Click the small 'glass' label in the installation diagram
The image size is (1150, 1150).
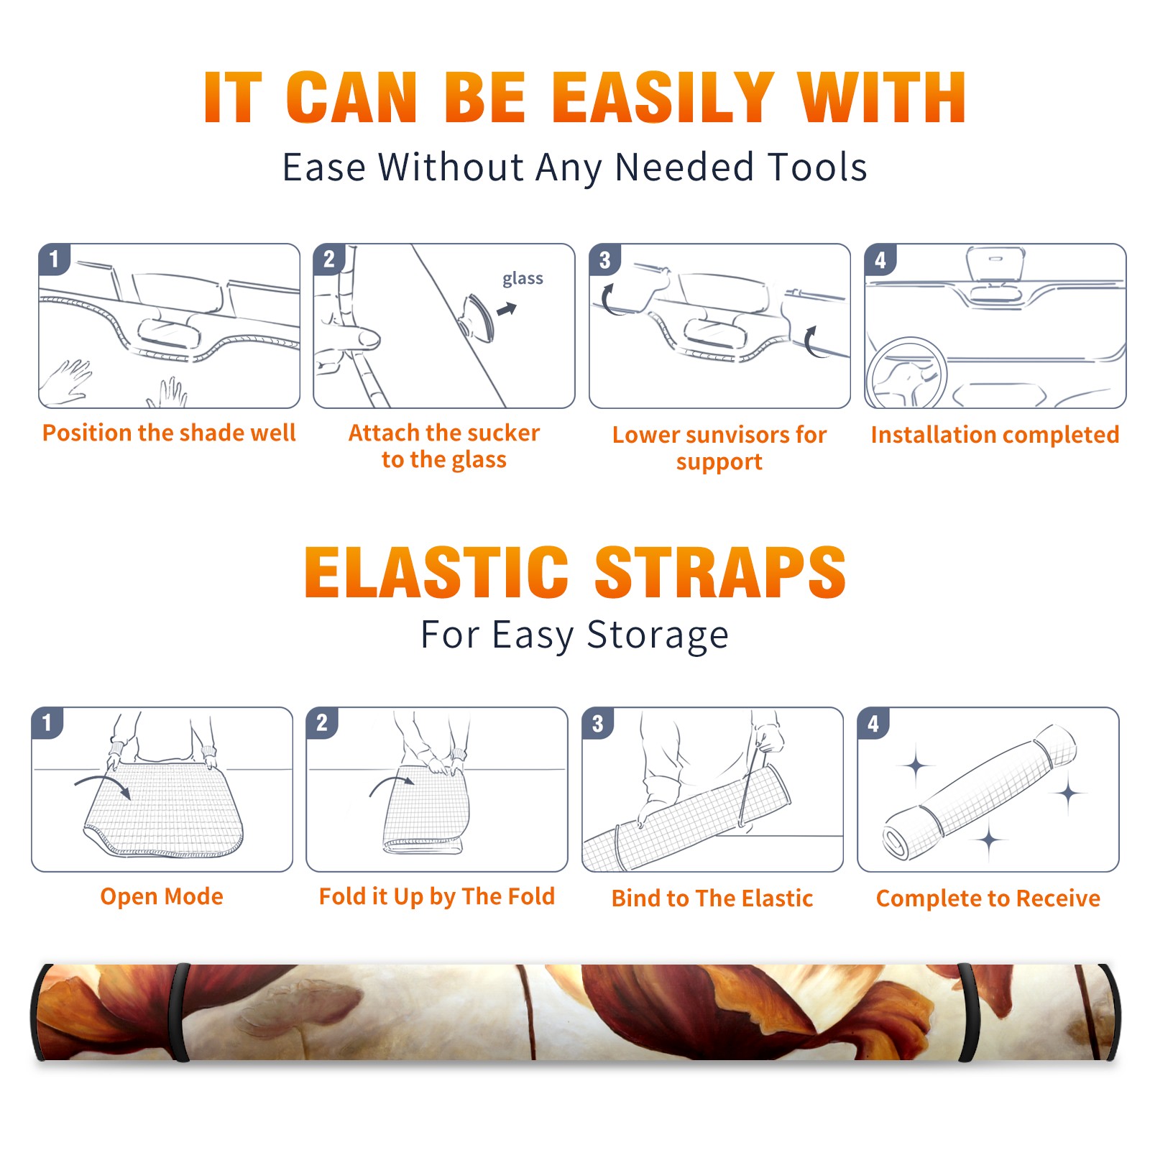[x=523, y=279]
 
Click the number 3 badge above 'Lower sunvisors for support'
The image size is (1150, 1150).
[x=604, y=260]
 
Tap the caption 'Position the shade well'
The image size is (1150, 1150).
[x=169, y=433]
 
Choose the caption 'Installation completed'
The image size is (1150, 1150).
[x=995, y=434]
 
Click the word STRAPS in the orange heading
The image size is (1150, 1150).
[x=720, y=572]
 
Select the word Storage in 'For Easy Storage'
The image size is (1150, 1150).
[x=658, y=635]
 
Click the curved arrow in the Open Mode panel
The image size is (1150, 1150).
[x=102, y=784]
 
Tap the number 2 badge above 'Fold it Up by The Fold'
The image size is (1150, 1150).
[x=321, y=723]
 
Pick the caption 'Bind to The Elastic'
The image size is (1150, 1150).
[x=712, y=898]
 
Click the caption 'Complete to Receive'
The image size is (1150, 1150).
[x=988, y=898]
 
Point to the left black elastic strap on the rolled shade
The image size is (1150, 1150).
[x=179, y=1012]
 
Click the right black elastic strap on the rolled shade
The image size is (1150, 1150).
[x=967, y=1012]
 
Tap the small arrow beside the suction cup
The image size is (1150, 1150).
[x=507, y=309]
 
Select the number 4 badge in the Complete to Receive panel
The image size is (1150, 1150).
[x=873, y=723]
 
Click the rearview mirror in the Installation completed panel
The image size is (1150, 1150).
[x=995, y=265]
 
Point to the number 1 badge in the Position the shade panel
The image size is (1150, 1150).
[x=54, y=259]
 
